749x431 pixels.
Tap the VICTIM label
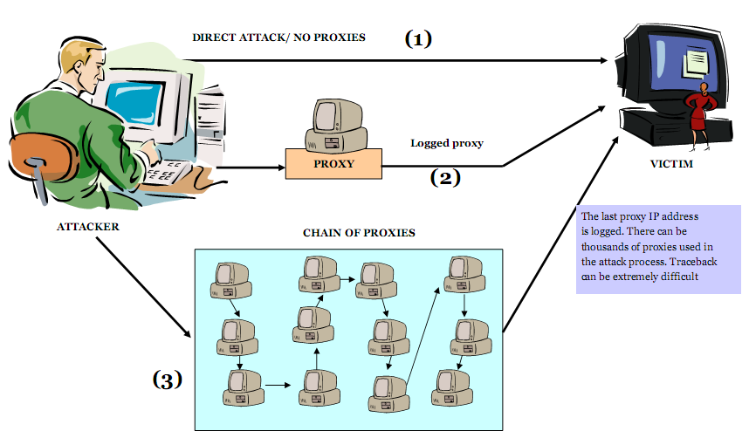[671, 163]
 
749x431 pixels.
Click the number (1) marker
[418, 39]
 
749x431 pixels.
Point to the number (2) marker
[445, 178]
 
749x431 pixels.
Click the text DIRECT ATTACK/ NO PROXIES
[278, 38]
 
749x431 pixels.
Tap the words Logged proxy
[447, 142]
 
